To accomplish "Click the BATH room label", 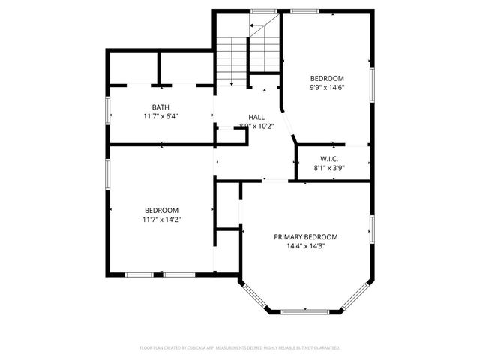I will click(160, 107).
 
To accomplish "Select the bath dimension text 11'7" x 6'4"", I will click(160, 117).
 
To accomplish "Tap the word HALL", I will click(256, 117).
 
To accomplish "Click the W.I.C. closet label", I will click(329, 159).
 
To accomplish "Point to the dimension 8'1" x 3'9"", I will click(329, 169).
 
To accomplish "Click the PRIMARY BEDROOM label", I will click(305, 236).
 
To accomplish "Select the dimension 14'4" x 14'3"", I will click(305, 246).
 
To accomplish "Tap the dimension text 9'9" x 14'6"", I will click(328, 88).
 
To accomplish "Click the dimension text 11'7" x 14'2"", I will click(162, 219).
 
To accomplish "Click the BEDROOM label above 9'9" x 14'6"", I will click(328, 78).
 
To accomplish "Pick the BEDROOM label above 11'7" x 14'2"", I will click(162, 209).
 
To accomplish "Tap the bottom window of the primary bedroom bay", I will click(305, 310).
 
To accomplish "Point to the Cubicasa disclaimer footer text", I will click(240, 348).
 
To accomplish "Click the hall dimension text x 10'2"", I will click(263, 127).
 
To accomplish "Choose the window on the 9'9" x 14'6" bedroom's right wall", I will click(371, 79).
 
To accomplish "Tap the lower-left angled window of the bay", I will click(253, 297).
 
